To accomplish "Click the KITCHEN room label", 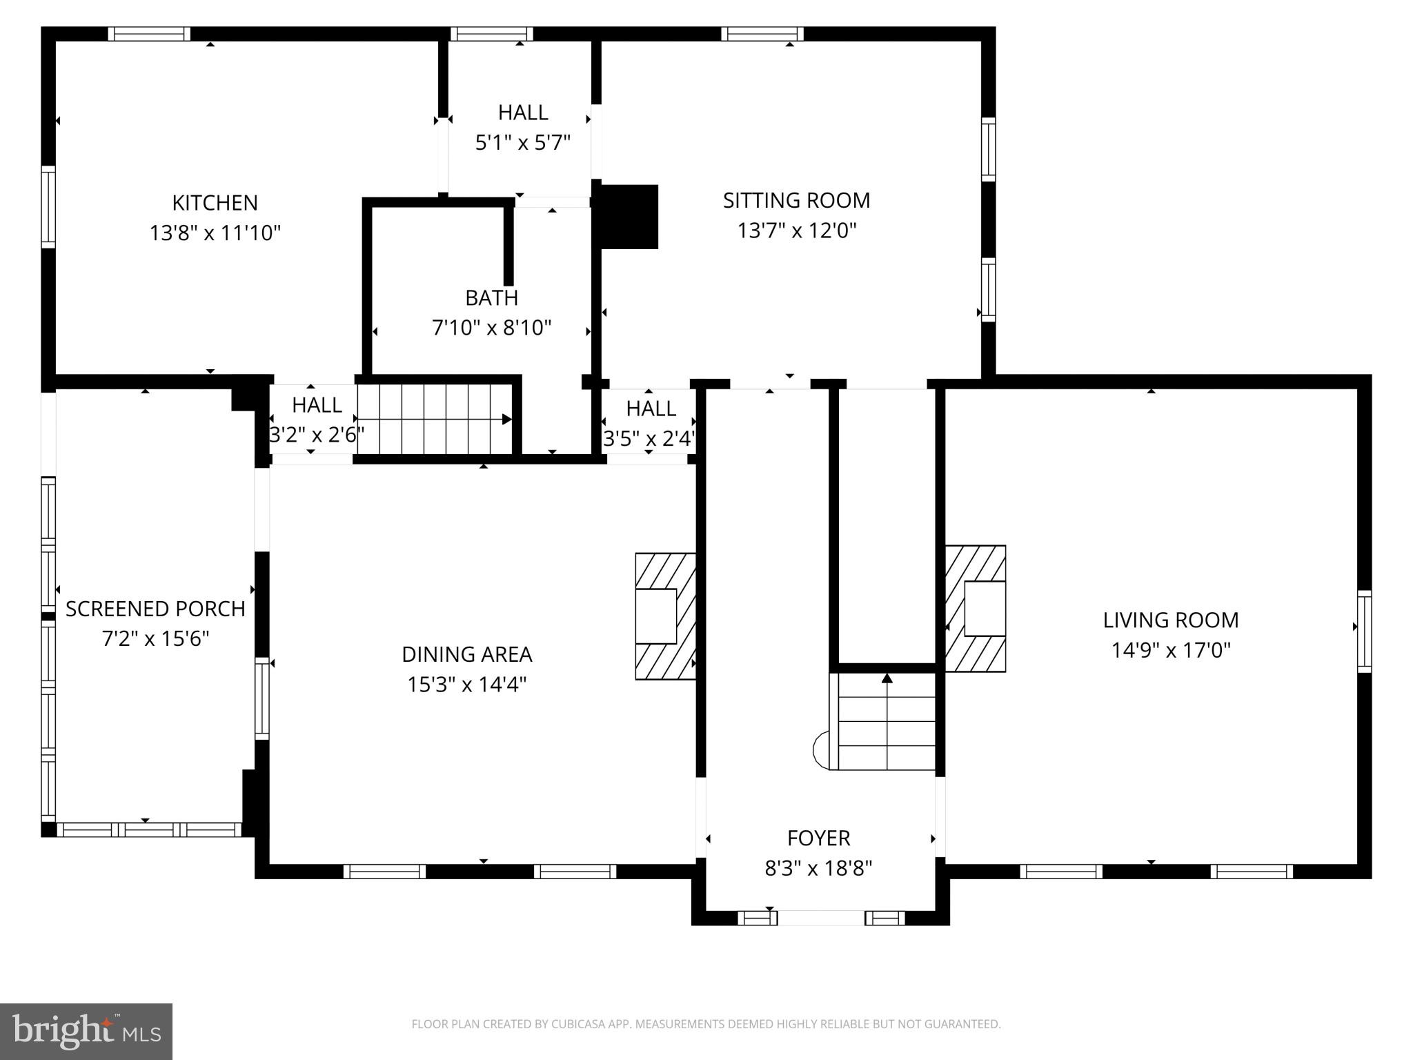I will coord(215,203).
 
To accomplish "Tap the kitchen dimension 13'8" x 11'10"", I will coord(215,233).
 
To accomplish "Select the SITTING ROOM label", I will coord(796,200).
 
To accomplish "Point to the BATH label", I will coord(491,298).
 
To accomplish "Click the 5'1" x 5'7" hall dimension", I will coord(523,143).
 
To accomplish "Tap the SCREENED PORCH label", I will coord(155,609).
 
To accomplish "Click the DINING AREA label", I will coord(467,654).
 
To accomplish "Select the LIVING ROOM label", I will coord(1170,620).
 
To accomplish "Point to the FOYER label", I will coord(818,838).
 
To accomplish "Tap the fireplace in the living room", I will coord(976,609).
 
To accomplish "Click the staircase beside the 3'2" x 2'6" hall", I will coord(435,420).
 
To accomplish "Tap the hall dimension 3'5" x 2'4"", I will coord(649,439).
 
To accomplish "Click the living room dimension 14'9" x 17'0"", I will coord(1170,651).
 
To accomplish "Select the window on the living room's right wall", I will coord(1364,631).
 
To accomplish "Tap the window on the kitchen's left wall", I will coord(48,206).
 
